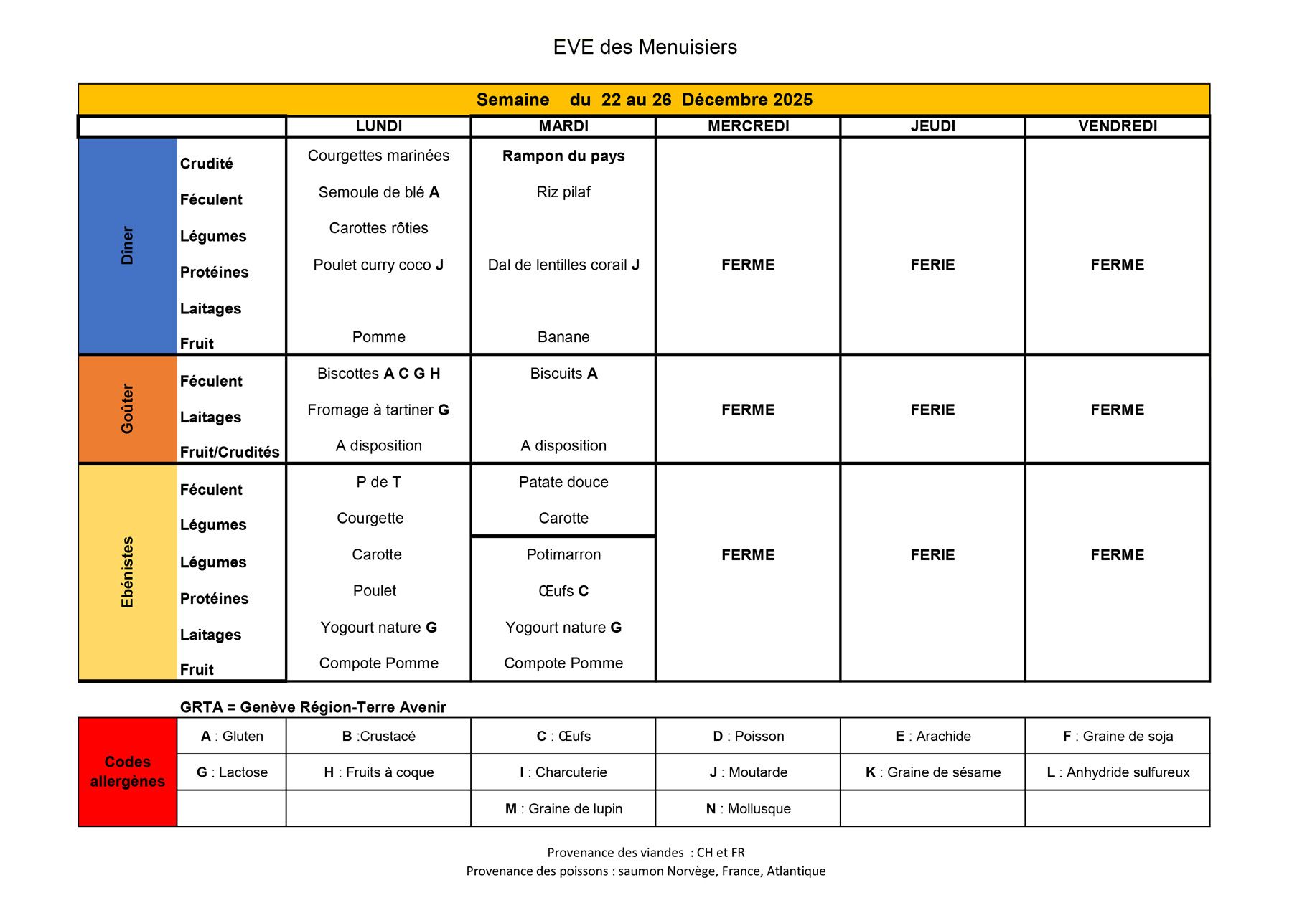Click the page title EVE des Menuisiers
click(x=645, y=47)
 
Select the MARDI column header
click(x=563, y=126)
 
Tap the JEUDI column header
click(x=932, y=126)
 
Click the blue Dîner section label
click(x=128, y=245)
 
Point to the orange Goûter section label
click(x=128, y=409)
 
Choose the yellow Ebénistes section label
click(x=128, y=572)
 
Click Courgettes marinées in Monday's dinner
click(x=378, y=156)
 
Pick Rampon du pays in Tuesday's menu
click(x=563, y=156)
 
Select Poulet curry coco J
click(x=378, y=265)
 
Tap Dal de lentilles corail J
click(x=563, y=265)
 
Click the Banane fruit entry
click(x=563, y=337)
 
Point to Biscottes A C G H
click(x=378, y=374)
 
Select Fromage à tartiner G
click(x=378, y=410)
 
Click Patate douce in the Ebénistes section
click(x=563, y=482)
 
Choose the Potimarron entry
click(x=563, y=554)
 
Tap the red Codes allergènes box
click(x=128, y=772)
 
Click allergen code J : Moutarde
click(x=748, y=772)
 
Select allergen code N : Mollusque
click(x=748, y=809)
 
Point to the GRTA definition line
click(x=313, y=707)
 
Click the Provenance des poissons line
click(x=645, y=871)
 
